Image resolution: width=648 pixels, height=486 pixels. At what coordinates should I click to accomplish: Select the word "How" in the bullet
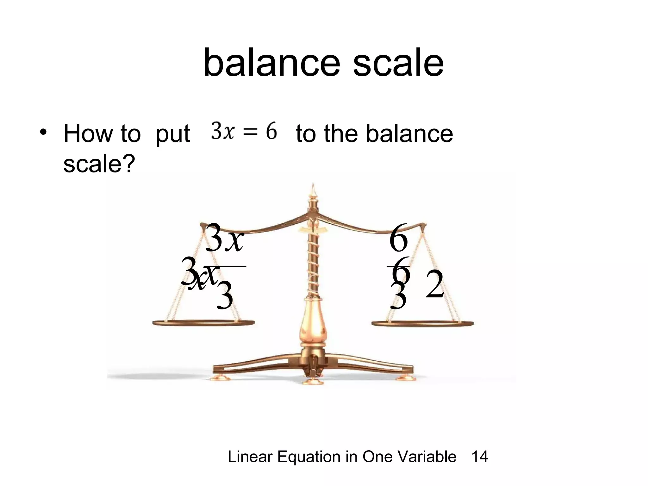click(88, 134)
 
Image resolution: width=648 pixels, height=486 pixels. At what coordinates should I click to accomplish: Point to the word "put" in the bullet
click(173, 134)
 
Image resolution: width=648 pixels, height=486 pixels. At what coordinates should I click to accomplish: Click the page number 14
click(480, 457)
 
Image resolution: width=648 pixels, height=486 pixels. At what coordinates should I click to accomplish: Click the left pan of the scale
click(203, 323)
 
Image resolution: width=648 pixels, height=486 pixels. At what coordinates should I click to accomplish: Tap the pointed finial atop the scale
click(313, 190)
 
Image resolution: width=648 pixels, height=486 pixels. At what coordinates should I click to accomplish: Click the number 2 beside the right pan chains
click(435, 285)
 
